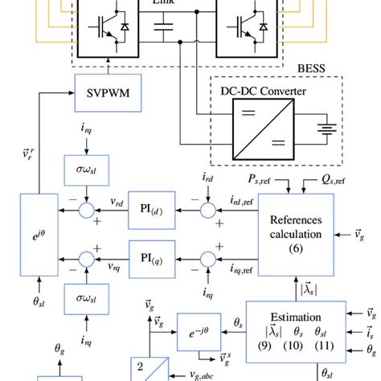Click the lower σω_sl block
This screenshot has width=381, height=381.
click(84, 299)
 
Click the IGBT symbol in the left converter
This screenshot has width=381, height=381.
click(104, 28)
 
